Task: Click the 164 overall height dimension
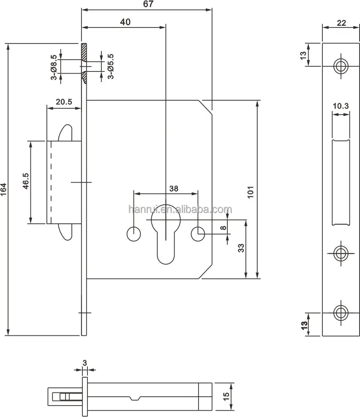[4, 189]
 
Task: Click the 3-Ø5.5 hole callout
[110, 66]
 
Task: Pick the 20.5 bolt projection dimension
[64, 102]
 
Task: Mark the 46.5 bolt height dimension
[26, 181]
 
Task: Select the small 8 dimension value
[223, 228]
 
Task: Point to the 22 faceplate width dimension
[341, 23]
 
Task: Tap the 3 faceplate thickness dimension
[85, 363]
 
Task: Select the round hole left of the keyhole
[134, 233]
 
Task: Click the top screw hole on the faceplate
[340, 66]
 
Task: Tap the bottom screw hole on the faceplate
[340, 313]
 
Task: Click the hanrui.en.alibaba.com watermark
[180, 209]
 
